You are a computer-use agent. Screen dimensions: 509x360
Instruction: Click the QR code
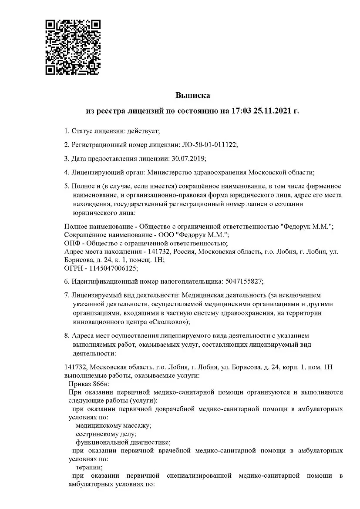(73, 47)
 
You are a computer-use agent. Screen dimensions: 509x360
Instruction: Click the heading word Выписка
(193, 95)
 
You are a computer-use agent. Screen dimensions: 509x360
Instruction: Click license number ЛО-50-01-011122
(209, 144)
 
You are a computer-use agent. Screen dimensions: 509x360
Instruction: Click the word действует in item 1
(143, 131)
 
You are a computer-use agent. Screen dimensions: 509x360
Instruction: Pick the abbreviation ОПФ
(72, 243)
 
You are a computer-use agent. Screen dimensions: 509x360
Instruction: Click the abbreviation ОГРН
(73, 268)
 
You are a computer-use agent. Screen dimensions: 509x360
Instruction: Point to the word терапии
(86, 467)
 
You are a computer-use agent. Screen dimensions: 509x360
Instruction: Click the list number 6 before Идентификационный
(66, 281)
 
